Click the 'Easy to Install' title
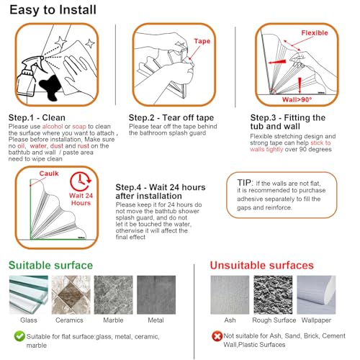[x=53, y=10]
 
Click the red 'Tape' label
[x=202, y=41]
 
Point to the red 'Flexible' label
[x=315, y=33]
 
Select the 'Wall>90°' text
[x=297, y=99]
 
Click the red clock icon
[x=81, y=181]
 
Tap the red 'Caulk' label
[x=49, y=174]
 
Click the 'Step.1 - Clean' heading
[x=37, y=118]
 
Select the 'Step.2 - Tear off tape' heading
[x=171, y=118]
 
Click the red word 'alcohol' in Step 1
[x=53, y=127]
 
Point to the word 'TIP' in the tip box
[x=245, y=183]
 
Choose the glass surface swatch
[x=29, y=295]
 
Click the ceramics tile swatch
[x=71, y=295]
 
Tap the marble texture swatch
[x=113, y=295]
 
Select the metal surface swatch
[x=156, y=295]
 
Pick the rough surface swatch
[x=273, y=295]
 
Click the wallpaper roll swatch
[x=316, y=295]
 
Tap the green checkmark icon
[x=19, y=336]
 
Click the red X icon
[x=217, y=336]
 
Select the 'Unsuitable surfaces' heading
[x=262, y=266]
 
